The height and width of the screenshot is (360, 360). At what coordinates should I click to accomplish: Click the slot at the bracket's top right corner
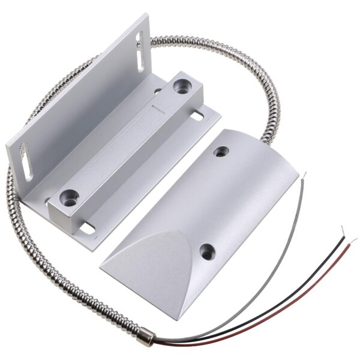point(139,43)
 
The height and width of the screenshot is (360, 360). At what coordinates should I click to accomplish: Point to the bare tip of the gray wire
point(303,176)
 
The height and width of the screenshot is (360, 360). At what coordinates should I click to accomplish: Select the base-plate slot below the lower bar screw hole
point(88,227)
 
